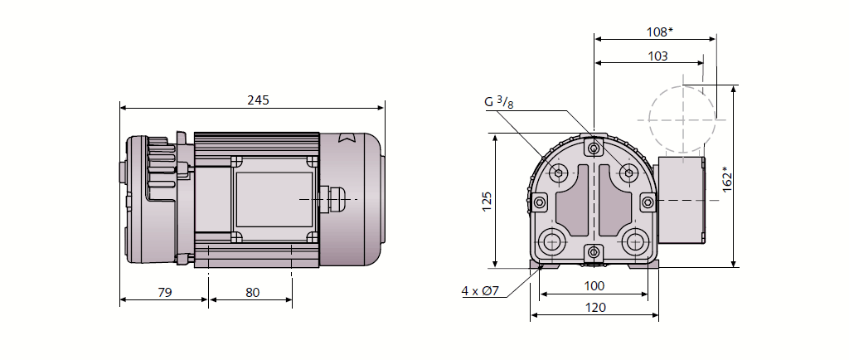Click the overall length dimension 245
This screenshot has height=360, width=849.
click(x=258, y=100)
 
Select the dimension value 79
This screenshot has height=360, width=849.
click(x=164, y=292)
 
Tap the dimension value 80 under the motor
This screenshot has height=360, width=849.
click(x=252, y=292)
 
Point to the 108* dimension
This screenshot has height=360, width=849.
click(x=659, y=32)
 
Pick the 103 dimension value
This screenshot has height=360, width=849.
click(x=657, y=56)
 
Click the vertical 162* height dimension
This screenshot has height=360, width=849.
click(x=727, y=179)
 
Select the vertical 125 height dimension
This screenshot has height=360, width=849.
click(x=487, y=201)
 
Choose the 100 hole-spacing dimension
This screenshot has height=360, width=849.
click(x=594, y=286)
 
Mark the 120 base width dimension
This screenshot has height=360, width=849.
click(x=594, y=308)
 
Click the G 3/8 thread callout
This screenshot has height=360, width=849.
click(x=499, y=103)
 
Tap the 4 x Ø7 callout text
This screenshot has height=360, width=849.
click(x=480, y=291)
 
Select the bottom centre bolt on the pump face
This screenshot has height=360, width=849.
click(x=594, y=251)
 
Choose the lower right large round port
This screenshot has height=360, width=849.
click(x=636, y=241)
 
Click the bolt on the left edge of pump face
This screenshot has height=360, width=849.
click(x=541, y=202)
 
